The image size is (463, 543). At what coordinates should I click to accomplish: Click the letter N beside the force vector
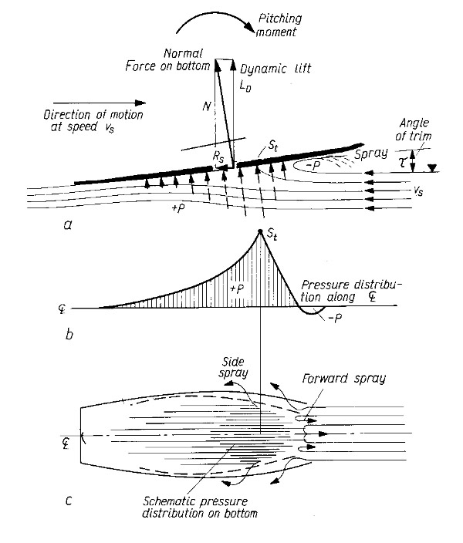(205, 109)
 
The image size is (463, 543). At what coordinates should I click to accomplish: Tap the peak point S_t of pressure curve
(260, 233)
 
